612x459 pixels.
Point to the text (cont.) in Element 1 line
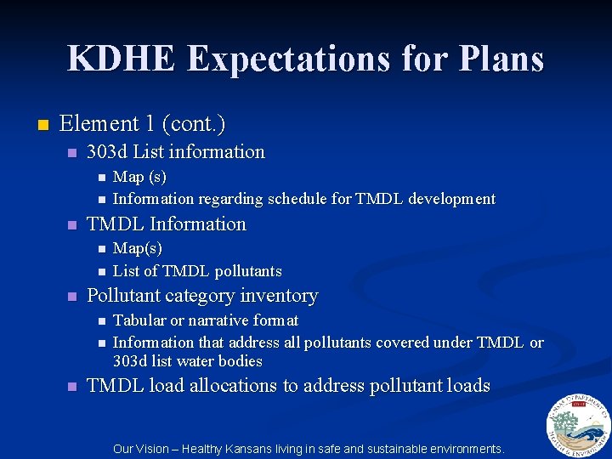[196, 124]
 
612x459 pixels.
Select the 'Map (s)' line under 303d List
[139, 177]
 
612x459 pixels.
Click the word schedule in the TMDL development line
[297, 199]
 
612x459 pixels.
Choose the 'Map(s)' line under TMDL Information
[137, 248]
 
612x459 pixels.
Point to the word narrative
[216, 320]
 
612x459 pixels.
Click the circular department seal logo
[579, 425]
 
